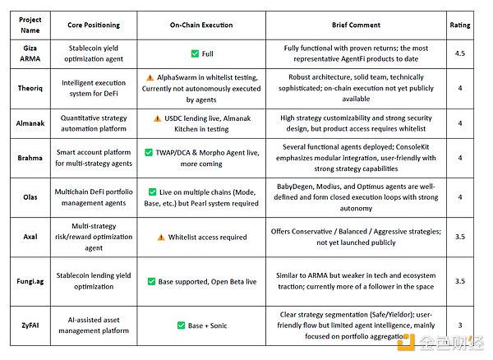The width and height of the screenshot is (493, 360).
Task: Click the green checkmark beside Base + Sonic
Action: pos(181,325)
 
